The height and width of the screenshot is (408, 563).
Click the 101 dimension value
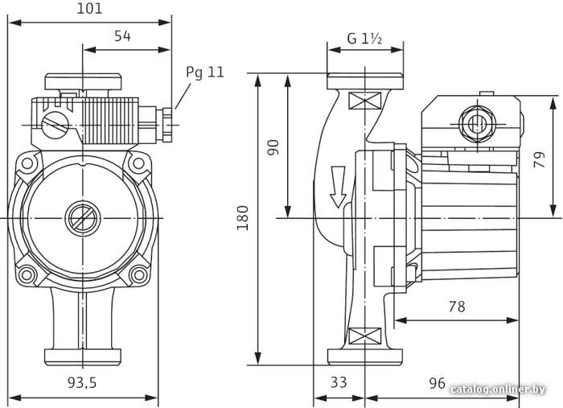(89, 8)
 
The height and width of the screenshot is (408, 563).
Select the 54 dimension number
(122, 36)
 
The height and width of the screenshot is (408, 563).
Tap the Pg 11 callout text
(205, 72)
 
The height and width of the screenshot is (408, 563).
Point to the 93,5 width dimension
(82, 382)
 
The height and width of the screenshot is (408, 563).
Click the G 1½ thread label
(364, 38)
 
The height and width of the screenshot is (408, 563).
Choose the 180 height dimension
(243, 218)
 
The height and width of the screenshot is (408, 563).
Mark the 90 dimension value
(273, 147)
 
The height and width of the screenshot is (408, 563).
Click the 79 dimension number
(540, 159)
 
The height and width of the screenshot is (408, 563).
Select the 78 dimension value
(457, 307)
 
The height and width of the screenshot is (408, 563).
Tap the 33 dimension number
(339, 382)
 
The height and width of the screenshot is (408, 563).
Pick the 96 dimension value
(438, 383)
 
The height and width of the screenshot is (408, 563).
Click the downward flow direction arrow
(338, 187)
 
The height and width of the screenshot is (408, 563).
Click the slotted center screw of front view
(83, 218)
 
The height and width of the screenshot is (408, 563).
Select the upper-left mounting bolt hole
(27, 164)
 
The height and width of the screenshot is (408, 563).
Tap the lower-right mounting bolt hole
(138, 275)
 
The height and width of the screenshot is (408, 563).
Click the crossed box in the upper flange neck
(364, 101)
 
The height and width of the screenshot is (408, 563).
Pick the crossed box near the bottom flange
(365, 336)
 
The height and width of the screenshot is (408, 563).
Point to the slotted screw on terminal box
(55, 125)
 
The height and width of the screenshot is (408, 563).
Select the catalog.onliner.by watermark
(498, 389)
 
